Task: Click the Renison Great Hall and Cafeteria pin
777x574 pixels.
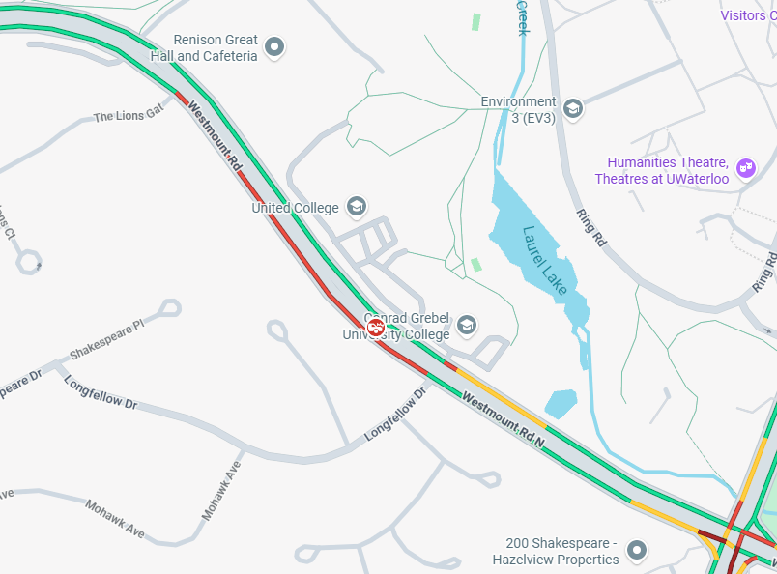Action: pos(274,46)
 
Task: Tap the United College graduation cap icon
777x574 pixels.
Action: pos(356,206)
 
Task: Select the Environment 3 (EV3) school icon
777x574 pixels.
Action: pos(572,108)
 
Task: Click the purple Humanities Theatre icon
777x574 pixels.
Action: pos(745,168)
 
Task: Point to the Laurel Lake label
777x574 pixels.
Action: pos(545,260)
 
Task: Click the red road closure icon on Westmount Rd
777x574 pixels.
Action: pos(378,328)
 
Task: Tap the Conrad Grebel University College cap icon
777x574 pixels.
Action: pos(467,325)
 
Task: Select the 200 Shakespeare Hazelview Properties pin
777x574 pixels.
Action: pos(636,551)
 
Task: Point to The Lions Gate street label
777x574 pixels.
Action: pos(129,116)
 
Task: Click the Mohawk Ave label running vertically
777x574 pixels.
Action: pos(221,490)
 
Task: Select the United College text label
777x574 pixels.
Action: pos(295,208)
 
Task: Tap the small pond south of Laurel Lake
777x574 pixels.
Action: pos(561,403)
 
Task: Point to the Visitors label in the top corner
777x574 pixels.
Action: pos(748,14)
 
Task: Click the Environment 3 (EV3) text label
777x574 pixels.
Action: pos(519,109)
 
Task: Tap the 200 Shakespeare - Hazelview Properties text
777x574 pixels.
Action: pos(555,551)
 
